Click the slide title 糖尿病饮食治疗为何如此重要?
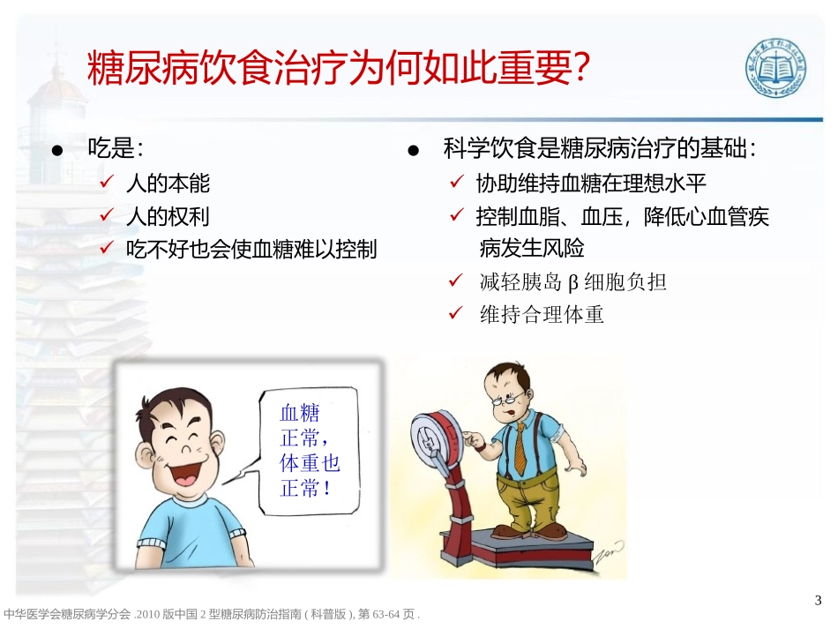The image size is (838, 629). (x=339, y=69)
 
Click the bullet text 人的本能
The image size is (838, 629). (x=168, y=183)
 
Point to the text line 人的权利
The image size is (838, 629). (x=168, y=216)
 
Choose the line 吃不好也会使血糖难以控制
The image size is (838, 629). (x=251, y=250)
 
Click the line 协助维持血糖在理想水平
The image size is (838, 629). (x=591, y=183)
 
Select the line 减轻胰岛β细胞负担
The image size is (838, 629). (x=572, y=282)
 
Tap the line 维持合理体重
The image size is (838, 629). (x=542, y=315)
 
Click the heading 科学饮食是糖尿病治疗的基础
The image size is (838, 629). (x=600, y=149)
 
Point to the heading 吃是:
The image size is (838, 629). (x=116, y=149)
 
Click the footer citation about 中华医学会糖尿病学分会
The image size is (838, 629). (x=211, y=614)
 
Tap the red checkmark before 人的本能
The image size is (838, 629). (x=105, y=183)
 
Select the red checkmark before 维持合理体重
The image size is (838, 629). (x=456, y=314)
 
